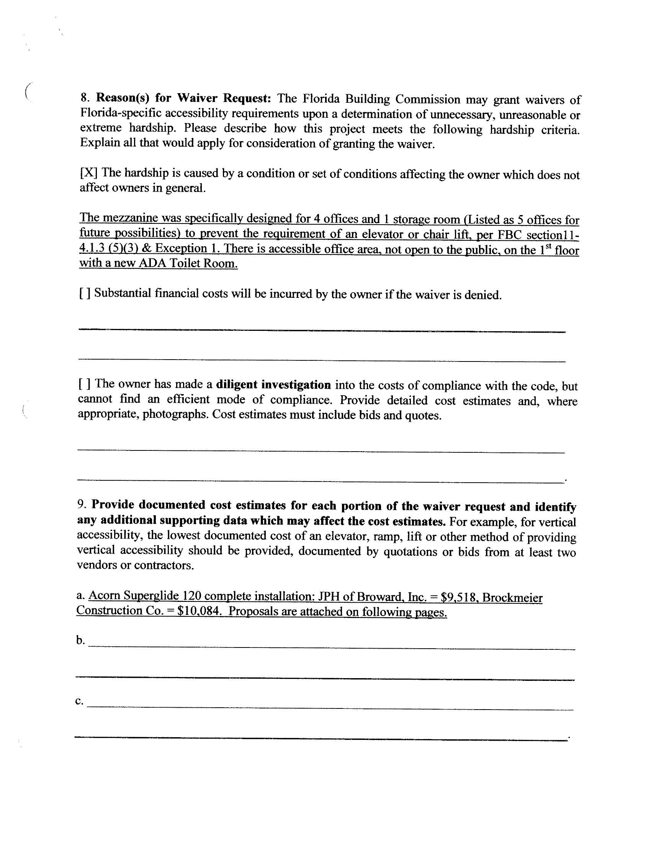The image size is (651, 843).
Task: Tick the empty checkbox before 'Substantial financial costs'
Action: point(85,293)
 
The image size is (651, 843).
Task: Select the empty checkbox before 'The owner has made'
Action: point(85,384)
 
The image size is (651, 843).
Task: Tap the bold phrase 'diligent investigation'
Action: point(273,385)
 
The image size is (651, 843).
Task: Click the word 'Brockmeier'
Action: point(512,598)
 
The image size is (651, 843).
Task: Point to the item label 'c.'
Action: point(79,701)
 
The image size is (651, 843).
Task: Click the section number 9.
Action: point(81,504)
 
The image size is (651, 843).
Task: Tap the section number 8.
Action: point(85,97)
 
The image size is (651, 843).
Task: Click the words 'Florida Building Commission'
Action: point(381,99)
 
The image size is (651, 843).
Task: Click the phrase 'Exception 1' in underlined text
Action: point(186,248)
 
